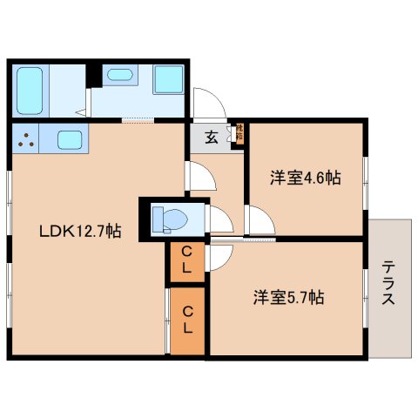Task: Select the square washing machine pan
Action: [167, 81]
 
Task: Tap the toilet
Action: [167, 219]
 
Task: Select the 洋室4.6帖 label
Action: [304, 179]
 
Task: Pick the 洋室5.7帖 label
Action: [289, 297]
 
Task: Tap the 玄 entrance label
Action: [212, 137]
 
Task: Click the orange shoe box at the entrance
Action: [239, 135]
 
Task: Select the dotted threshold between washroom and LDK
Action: [138, 120]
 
